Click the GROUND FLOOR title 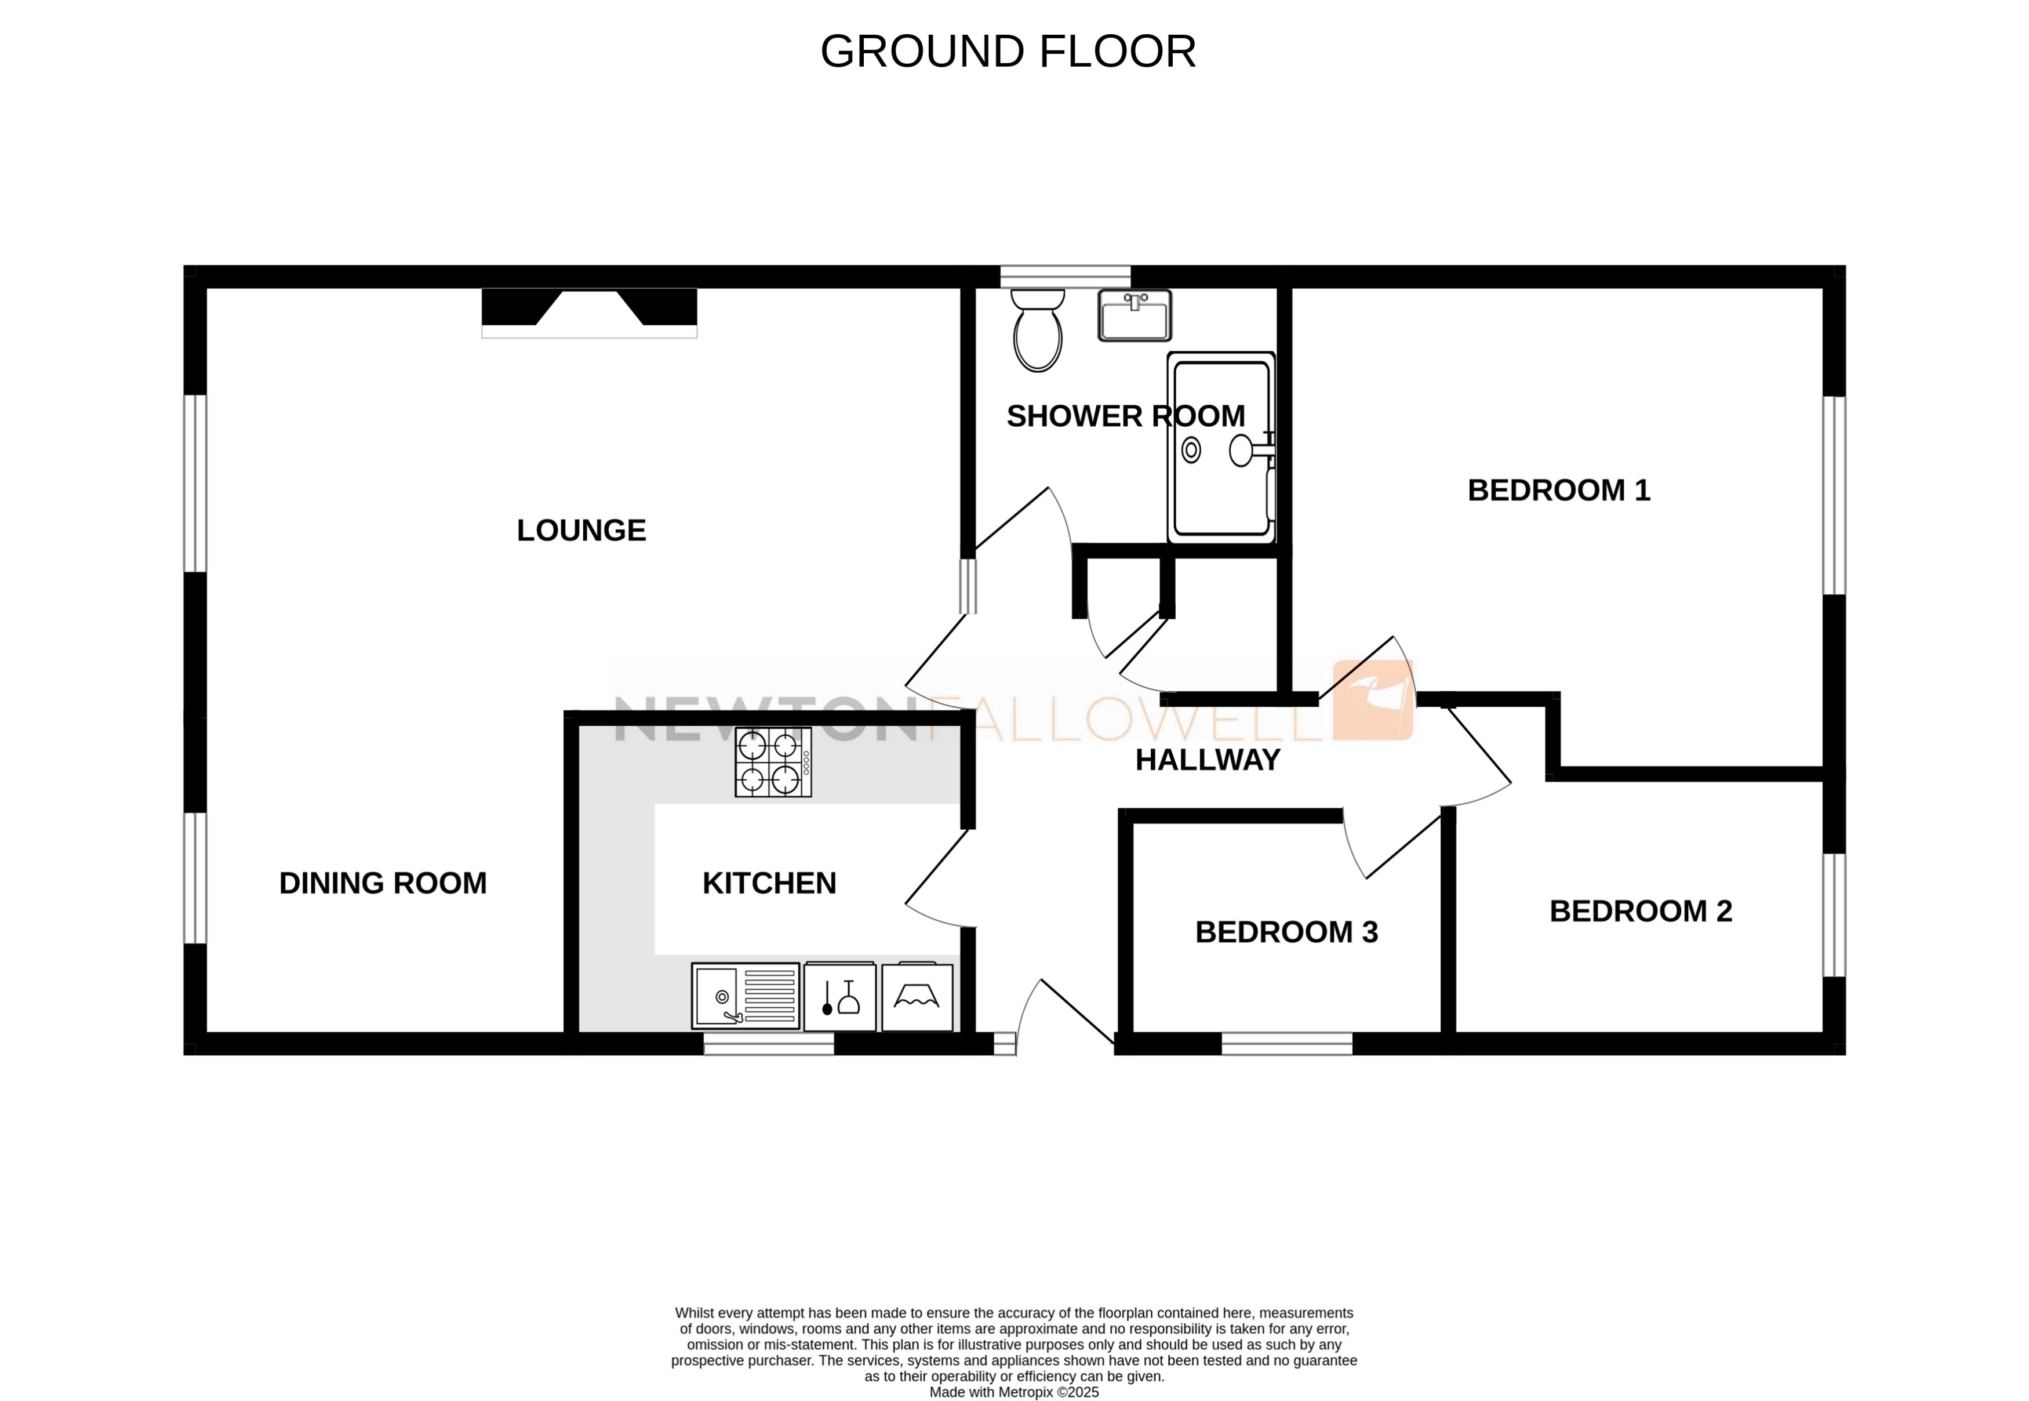(x=1008, y=52)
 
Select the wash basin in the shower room (x=1134, y=316)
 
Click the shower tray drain (x=1191, y=451)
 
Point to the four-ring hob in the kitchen (x=772, y=762)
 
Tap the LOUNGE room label (x=581, y=530)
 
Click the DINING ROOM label (x=383, y=883)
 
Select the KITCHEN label (x=769, y=883)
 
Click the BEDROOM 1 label (x=1559, y=490)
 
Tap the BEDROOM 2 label (x=1640, y=911)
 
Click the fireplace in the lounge (x=589, y=311)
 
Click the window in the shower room (x=1064, y=277)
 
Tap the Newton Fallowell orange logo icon (x=1373, y=700)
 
